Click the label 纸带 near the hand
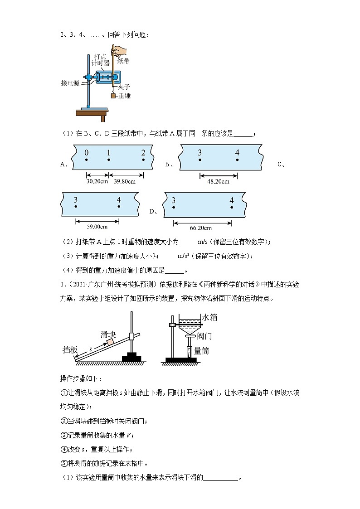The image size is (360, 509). pyautogui.click(x=123, y=60)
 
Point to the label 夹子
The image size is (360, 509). pyautogui.click(x=124, y=86)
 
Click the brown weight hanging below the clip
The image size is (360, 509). pyautogui.click(x=113, y=96)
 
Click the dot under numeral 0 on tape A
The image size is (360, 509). pyautogui.click(x=86, y=160)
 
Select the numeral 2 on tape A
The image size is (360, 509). pyautogui.click(x=143, y=153)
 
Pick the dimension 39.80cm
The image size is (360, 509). pyautogui.click(x=125, y=181)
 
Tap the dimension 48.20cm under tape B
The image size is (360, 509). pyautogui.click(x=219, y=181)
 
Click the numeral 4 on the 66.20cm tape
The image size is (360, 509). pyautogui.click(x=231, y=200)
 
